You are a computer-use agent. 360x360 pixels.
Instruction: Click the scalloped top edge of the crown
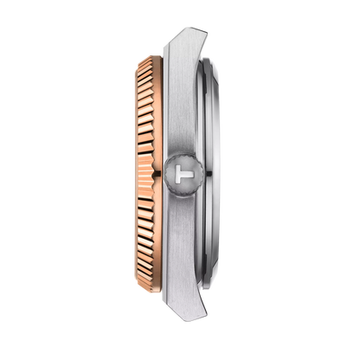(x=183, y=156)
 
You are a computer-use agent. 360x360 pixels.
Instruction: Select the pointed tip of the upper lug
(x=206, y=31)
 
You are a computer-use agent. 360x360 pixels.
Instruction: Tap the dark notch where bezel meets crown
(x=157, y=173)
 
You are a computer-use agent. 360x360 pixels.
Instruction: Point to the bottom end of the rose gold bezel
(x=150, y=290)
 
